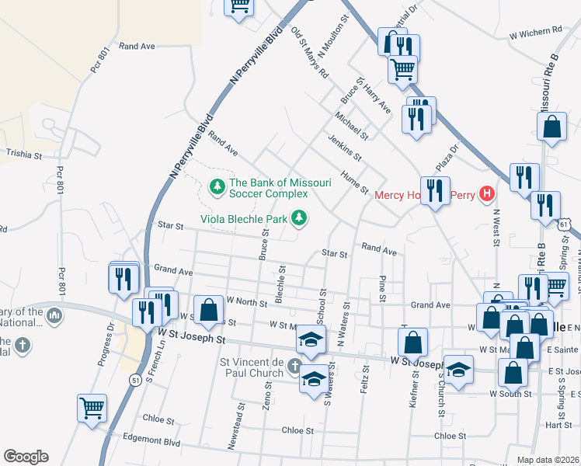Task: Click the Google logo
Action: [x=25, y=457]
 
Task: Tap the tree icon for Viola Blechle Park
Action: [x=297, y=219]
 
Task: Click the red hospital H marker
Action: [x=486, y=193]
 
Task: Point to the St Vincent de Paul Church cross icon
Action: [x=294, y=365]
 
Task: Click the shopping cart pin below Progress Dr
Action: [x=92, y=407]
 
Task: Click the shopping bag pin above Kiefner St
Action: [x=413, y=340]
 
